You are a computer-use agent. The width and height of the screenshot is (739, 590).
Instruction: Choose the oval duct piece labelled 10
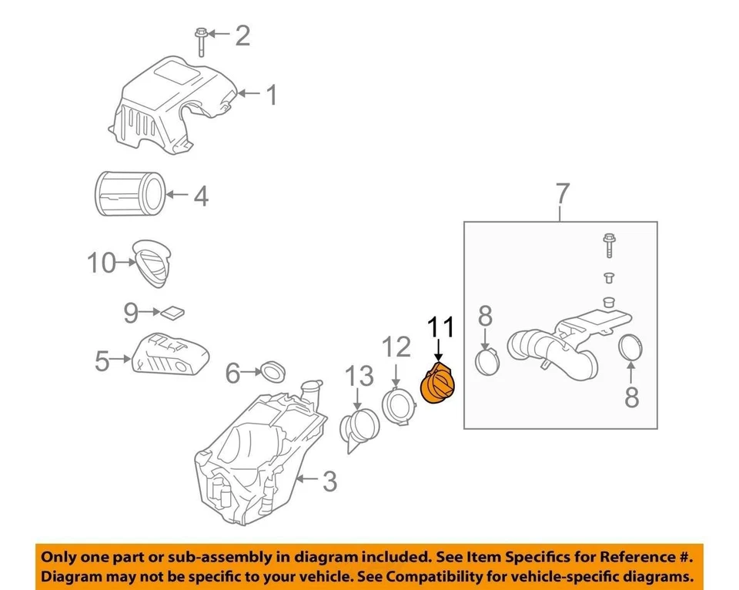point(152,263)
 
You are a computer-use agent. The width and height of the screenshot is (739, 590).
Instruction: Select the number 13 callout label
point(359,377)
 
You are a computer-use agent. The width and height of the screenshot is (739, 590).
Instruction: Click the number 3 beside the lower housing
point(329,483)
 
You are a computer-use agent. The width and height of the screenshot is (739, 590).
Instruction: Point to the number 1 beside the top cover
point(271,96)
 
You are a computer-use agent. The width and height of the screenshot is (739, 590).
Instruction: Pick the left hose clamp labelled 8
point(487,360)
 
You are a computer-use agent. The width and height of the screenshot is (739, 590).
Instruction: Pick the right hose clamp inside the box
point(631,347)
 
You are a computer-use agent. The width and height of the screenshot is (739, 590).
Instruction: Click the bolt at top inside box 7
point(607,246)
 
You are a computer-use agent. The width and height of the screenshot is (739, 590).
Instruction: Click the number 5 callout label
point(102,360)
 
